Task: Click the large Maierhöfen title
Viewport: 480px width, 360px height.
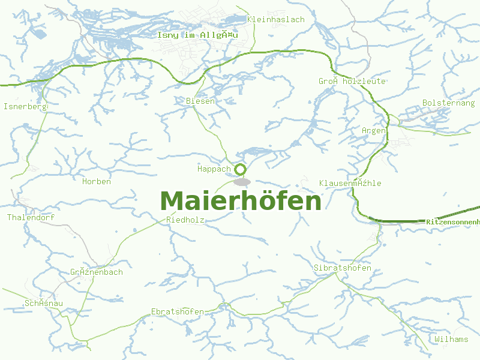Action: pos(241,202)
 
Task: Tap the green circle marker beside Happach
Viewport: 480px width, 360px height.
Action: pos(241,169)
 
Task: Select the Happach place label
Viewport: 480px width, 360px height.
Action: pos(214,169)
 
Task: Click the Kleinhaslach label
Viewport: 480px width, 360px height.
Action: pos(276,20)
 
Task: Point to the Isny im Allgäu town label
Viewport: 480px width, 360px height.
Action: pos(197,35)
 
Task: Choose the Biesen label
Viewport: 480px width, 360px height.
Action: pos(200,101)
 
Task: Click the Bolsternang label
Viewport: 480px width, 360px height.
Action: pos(448,103)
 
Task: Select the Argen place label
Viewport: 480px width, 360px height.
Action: pos(374,131)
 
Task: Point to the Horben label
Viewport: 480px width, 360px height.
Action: pos(97,182)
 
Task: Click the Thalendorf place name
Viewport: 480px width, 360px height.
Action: pos(31,218)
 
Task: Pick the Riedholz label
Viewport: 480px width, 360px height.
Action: pos(185,221)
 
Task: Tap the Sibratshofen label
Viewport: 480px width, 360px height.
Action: pos(343,268)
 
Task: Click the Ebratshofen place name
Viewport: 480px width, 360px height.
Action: pos(178,312)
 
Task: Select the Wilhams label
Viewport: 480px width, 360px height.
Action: pos(451,340)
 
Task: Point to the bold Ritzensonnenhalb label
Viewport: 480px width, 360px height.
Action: pos(453,223)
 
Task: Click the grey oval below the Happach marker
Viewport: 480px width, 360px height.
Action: pos(242,182)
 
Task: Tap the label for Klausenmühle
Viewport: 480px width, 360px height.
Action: pos(350,183)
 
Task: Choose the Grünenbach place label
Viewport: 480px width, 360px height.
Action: pos(97,272)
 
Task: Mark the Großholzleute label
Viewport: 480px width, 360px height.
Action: pos(352,82)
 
